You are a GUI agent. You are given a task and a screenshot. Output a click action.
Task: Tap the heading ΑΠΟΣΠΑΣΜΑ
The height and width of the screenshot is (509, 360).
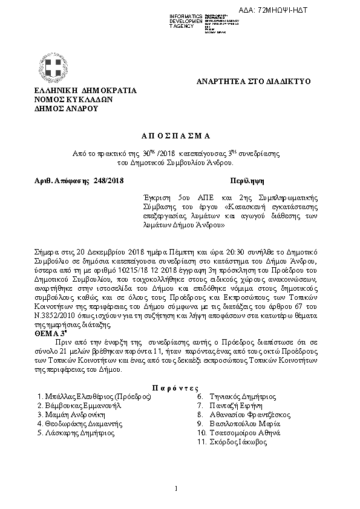tap(180, 137)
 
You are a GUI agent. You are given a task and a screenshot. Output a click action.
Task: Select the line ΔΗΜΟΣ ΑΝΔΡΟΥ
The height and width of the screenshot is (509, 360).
tap(66, 109)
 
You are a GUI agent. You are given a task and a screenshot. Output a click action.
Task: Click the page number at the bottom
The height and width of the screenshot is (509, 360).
tap(175, 488)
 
